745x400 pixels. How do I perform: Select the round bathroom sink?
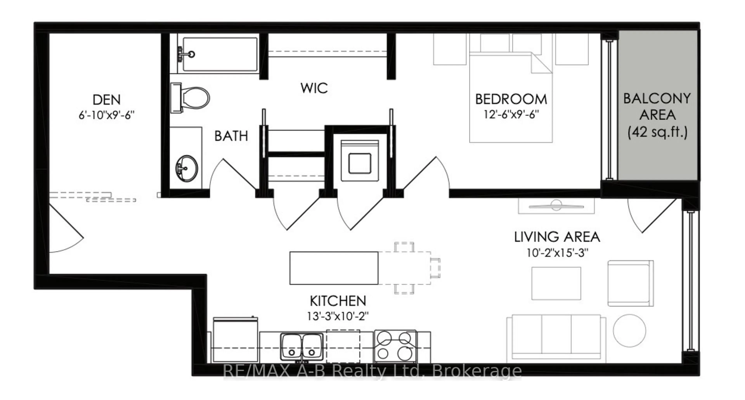pyautogui.click(x=186, y=168)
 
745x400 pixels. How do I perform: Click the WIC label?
pyautogui.click(x=314, y=88)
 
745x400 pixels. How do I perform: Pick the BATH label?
pyautogui.click(x=231, y=136)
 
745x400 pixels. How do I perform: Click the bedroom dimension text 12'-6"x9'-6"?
pyautogui.click(x=511, y=114)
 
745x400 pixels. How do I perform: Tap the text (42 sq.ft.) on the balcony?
pyautogui.click(x=657, y=132)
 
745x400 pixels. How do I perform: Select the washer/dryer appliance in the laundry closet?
pyautogui.click(x=360, y=161)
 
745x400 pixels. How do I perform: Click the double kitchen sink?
pyautogui.click(x=302, y=347)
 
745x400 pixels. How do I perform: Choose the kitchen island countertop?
pyautogui.click(x=334, y=268)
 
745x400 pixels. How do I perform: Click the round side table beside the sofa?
pyautogui.click(x=629, y=331)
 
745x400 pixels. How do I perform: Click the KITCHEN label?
pyautogui.click(x=338, y=301)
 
